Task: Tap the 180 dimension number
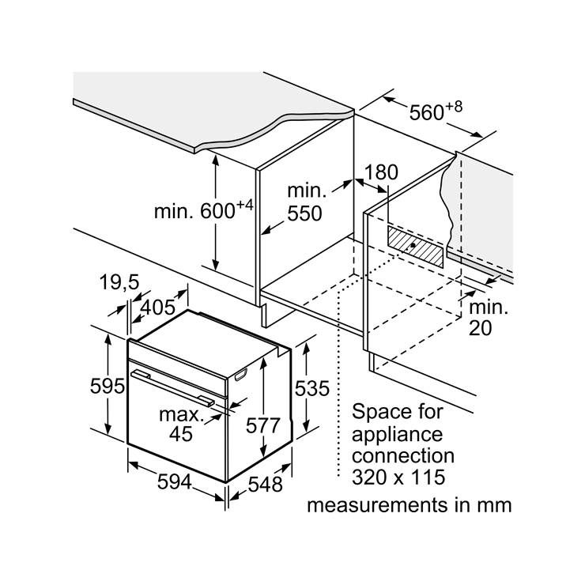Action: [x=381, y=172]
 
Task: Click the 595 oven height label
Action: [x=108, y=387]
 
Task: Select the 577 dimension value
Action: [x=262, y=425]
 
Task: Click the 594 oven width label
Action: [x=174, y=481]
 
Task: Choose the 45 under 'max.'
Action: [x=180, y=433]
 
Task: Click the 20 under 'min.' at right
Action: [x=480, y=328]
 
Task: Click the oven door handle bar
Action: [x=175, y=387]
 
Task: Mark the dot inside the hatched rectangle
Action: [x=413, y=247]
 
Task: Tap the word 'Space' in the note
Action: [x=378, y=413]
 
